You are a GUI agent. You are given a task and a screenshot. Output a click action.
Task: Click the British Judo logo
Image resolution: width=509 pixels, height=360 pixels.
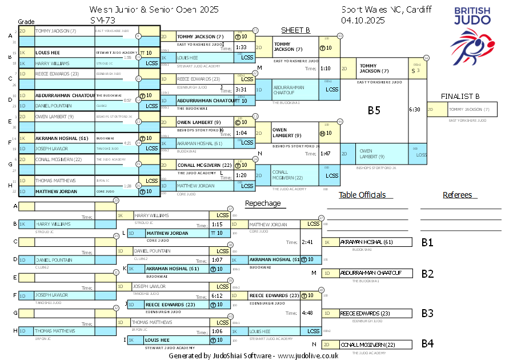[472, 34]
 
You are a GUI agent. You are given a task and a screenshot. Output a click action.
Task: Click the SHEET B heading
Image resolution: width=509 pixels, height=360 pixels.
[295, 30]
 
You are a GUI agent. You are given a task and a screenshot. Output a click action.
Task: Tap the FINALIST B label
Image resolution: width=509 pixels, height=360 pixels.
[460, 96]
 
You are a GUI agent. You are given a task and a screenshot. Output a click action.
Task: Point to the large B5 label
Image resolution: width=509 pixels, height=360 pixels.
[374, 111]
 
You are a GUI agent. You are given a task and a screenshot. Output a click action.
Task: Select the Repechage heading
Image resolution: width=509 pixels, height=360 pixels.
[263, 203]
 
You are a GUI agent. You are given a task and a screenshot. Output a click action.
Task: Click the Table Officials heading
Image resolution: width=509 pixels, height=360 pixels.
[362, 195]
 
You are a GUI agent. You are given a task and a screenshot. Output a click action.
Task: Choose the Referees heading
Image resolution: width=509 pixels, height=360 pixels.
[458, 195]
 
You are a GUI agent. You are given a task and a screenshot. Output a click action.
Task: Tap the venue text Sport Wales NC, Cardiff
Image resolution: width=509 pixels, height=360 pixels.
[387, 10]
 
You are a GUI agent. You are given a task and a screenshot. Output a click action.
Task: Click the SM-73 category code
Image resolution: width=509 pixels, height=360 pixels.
[102, 20]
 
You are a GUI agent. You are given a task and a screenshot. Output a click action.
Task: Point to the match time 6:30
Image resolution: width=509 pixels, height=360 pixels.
[415, 109]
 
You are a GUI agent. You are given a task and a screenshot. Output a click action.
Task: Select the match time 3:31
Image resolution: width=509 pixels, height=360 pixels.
[241, 90]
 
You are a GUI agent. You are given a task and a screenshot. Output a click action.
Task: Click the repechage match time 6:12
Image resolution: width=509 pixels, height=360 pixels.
[217, 296]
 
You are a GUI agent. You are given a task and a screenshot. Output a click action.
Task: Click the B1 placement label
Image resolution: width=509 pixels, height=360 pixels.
[427, 242]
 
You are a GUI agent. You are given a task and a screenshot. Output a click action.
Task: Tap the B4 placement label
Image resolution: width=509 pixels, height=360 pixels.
[427, 344]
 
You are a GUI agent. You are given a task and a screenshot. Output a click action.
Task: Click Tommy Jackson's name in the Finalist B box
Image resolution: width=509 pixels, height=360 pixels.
[469, 109]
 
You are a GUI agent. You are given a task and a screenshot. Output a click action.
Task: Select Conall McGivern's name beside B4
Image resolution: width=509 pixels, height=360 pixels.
[368, 345]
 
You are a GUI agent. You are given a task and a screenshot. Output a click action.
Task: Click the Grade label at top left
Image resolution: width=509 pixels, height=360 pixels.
[26, 21]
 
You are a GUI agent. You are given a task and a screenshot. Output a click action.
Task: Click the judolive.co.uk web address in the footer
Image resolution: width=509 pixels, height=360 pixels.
[308, 355]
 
